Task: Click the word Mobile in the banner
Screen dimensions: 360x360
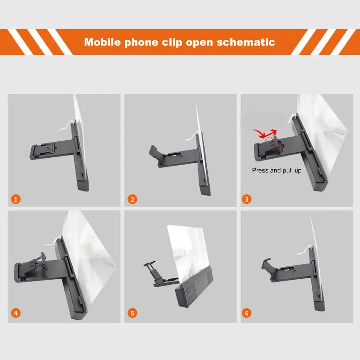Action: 102,42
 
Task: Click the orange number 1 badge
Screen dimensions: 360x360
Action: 16,199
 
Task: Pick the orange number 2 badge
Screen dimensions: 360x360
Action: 132,199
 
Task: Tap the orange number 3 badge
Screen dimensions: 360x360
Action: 247,199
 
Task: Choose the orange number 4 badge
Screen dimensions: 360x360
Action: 16,313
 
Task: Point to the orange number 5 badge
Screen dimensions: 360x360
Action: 132,313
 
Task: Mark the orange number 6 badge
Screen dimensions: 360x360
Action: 247,313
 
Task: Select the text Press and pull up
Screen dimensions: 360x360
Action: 276,170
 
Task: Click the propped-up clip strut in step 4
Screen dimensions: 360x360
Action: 44,260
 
